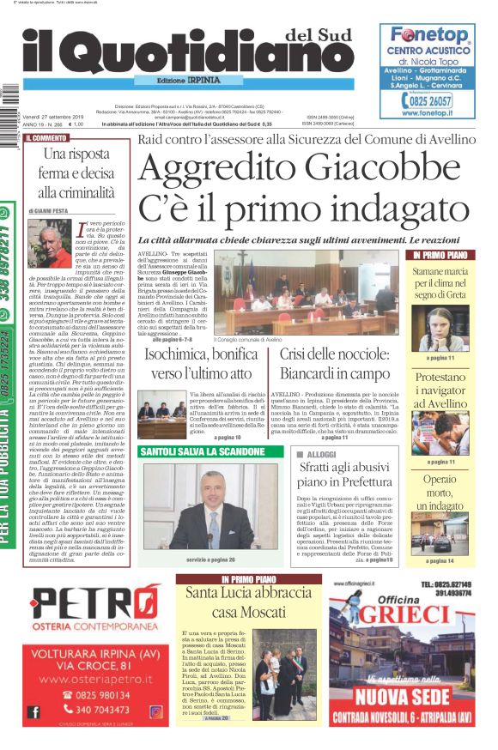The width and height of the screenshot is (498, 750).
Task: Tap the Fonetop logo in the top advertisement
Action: (428, 36)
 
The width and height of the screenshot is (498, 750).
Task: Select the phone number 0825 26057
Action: (434, 100)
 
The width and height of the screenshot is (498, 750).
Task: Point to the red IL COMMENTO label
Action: (47, 137)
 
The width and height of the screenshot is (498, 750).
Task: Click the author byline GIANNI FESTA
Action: (54, 210)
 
